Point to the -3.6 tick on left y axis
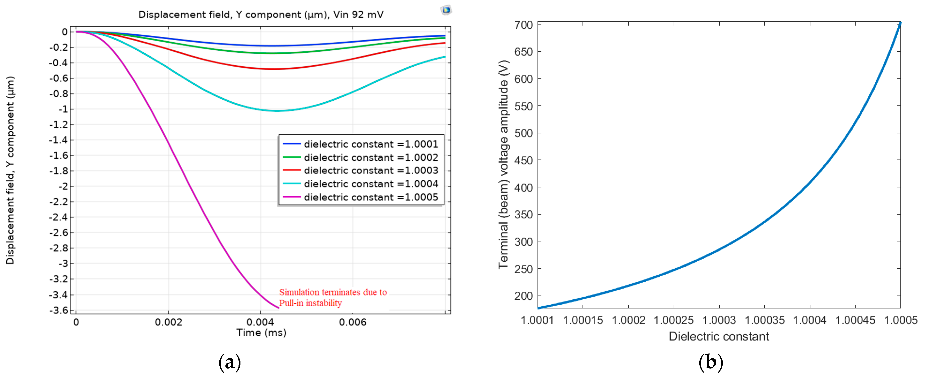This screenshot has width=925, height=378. pyautogui.click(x=59, y=310)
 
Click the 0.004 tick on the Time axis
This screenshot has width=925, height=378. pyautogui.click(x=260, y=322)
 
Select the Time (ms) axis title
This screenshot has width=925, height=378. pyautogui.click(x=261, y=333)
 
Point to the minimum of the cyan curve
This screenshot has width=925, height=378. pyautogui.click(x=276, y=111)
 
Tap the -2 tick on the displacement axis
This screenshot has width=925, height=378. pyautogui.click(x=63, y=186)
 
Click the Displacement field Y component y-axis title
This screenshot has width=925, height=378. pyautogui.click(x=10, y=170)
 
